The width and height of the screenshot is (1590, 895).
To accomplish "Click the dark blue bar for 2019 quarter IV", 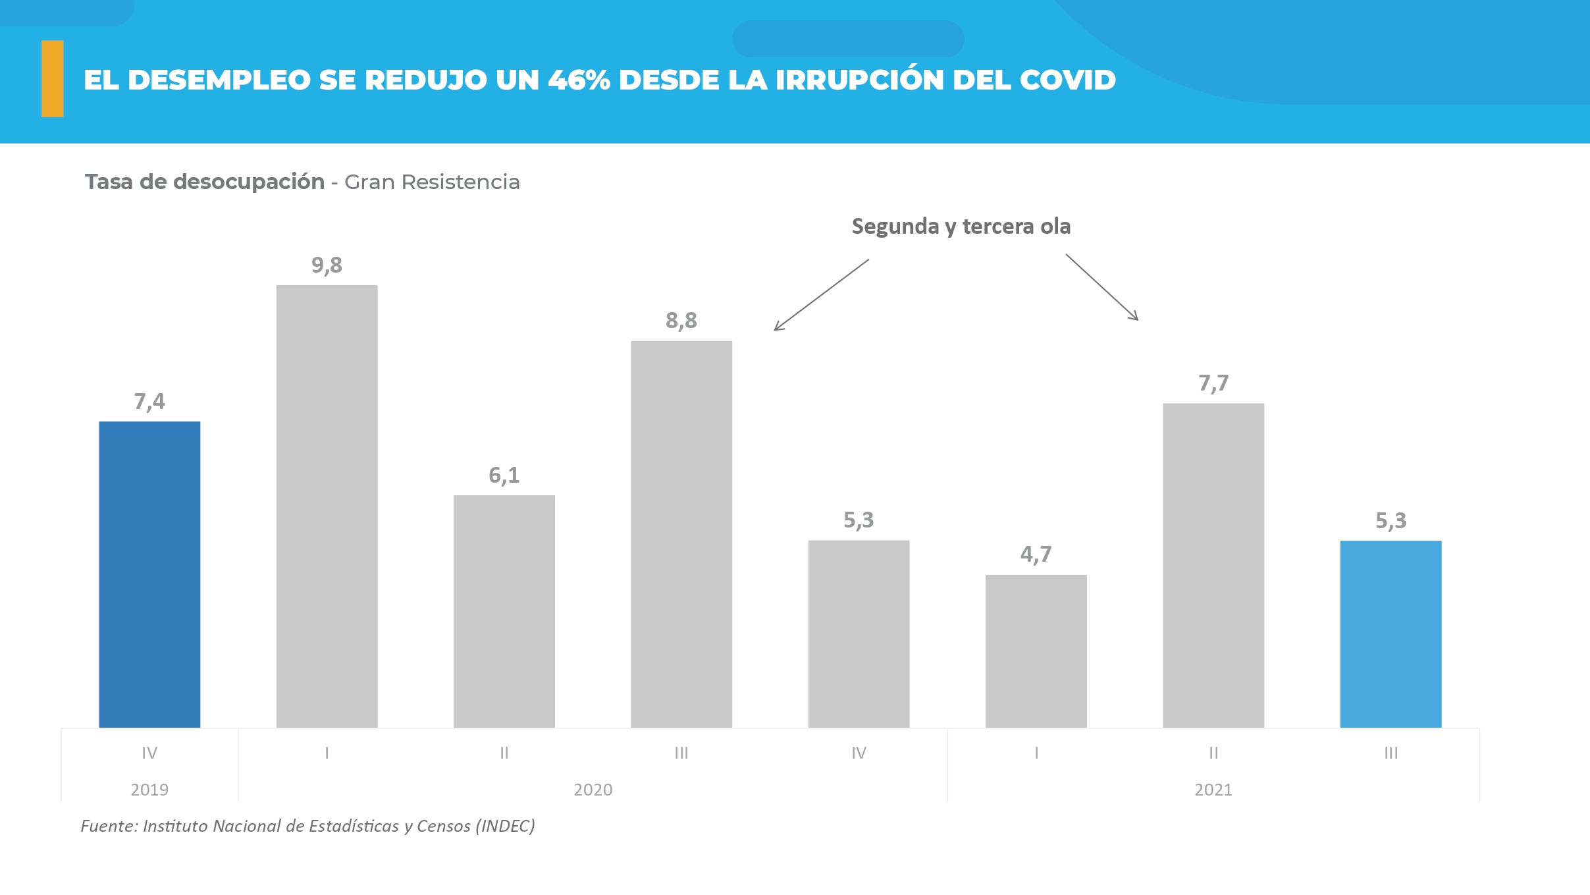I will click(x=149, y=574).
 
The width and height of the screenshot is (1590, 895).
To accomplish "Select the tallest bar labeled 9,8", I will click(x=327, y=506).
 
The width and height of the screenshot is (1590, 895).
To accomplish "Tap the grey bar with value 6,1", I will click(x=504, y=611).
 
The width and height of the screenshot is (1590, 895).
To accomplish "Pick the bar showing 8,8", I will click(x=681, y=533).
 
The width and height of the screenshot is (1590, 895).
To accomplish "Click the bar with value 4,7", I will click(x=1036, y=651).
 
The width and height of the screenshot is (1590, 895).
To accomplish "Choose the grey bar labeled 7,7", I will click(x=1213, y=565).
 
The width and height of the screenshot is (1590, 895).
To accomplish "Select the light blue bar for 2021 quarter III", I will click(x=1391, y=634).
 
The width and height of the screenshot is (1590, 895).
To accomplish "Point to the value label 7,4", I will click(x=149, y=402).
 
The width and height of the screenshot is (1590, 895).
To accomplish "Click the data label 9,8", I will click(x=327, y=265).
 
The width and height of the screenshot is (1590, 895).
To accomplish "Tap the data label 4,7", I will click(x=1036, y=555).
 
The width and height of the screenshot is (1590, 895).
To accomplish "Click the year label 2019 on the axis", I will click(x=149, y=790).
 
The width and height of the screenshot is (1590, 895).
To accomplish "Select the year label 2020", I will click(x=593, y=790).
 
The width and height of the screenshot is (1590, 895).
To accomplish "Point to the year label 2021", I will click(x=1213, y=790).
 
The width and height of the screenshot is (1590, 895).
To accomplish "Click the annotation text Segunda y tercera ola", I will click(x=961, y=227).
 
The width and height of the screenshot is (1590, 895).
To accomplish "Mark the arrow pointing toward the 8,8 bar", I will click(x=821, y=295).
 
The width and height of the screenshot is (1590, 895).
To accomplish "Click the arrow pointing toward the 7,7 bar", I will click(x=1101, y=287).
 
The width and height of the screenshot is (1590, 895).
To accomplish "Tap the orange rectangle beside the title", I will click(x=53, y=79).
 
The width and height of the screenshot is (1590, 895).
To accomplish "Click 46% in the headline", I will click(x=579, y=80).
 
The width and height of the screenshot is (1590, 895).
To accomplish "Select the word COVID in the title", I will click(x=1067, y=80).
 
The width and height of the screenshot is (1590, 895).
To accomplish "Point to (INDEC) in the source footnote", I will click(x=505, y=826).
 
